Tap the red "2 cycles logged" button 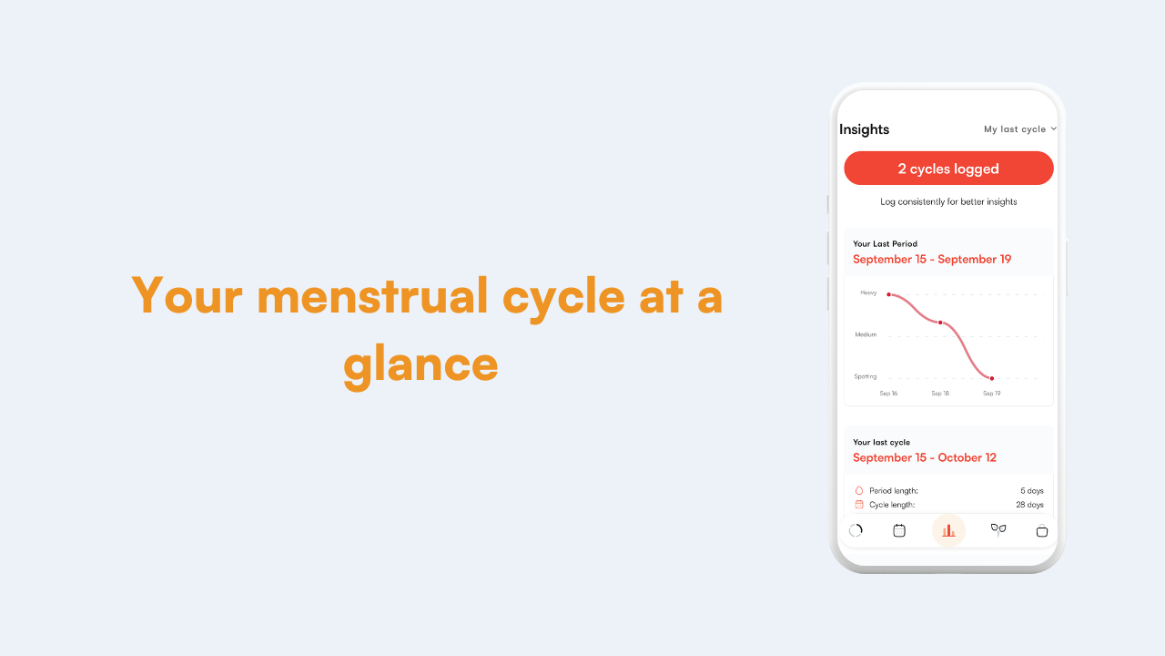(948, 169)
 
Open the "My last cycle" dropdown (1020, 129)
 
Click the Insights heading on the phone (865, 129)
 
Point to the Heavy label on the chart (868, 292)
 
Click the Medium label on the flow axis (866, 334)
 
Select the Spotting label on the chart (866, 376)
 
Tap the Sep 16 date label (888, 393)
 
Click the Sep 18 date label (940, 393)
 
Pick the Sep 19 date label (992, 393)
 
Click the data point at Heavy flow (889, 294)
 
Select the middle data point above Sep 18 (940, 323)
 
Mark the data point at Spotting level (992, 378)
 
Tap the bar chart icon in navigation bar (948, 530)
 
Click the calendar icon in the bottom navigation (899, 530)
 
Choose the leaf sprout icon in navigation (998, 530)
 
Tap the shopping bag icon (1042, 531)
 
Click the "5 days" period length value (1032, 491)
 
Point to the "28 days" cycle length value (1029, 505)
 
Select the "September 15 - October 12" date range (925, 457)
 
